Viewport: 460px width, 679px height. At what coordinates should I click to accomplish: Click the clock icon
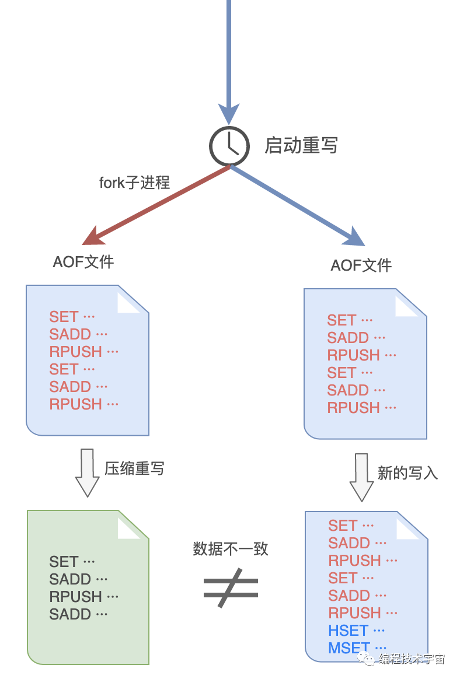[229, 145]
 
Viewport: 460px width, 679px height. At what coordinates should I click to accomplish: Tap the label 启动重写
[301, 145]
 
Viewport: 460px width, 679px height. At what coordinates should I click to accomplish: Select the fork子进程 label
[134, 183]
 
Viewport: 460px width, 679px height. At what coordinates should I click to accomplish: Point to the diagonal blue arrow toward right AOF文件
[298, 205]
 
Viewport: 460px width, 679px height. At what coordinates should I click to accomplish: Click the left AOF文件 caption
[83, 262]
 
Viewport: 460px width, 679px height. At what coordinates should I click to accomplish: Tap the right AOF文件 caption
[361, 265]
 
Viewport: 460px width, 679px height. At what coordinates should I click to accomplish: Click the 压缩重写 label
[134, 468]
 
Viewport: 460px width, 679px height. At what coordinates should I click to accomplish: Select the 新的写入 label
[407, 473]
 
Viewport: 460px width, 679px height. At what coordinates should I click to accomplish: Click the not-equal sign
[231, 588]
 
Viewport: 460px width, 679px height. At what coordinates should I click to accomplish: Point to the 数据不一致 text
[231, 549]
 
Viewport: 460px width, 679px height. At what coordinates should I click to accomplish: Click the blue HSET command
[349, 631]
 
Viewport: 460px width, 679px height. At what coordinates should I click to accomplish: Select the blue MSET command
[349, 648]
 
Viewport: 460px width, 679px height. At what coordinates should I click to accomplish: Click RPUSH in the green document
[76, 597]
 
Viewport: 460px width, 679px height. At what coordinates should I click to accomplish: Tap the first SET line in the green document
[64, 562]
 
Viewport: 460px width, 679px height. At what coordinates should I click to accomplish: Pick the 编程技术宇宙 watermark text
[412, 659]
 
